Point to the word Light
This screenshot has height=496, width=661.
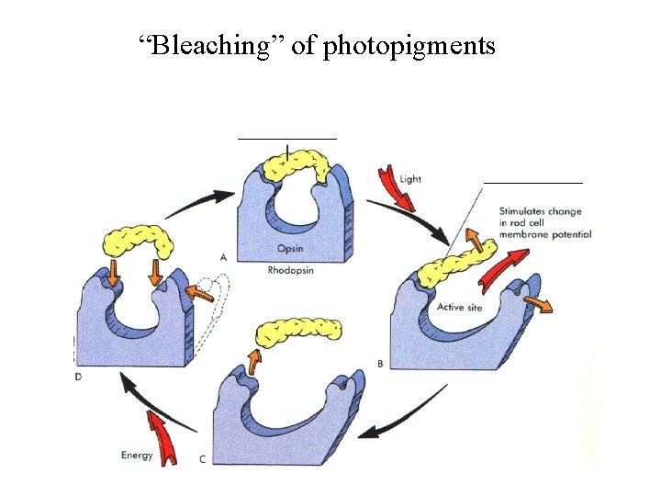[410, 179]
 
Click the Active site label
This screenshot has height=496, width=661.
[460, 308]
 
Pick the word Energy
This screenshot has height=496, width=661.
[137, 455]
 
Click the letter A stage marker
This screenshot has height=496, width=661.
[224, 256]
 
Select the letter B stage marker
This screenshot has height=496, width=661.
[380, 364]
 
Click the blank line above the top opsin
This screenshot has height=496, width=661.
[286, 138]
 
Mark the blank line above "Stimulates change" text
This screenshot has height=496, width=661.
[532, 184]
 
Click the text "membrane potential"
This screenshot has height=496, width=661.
[545, 235]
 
